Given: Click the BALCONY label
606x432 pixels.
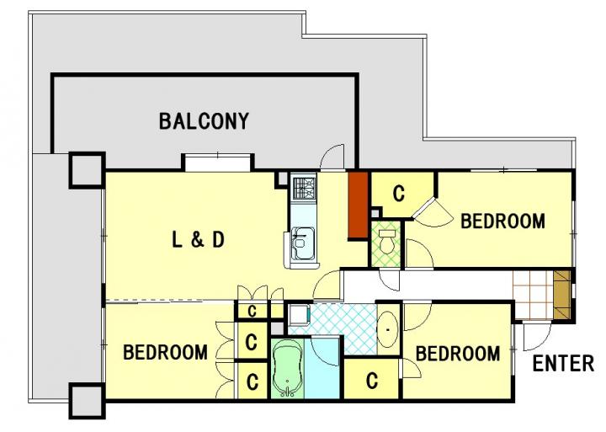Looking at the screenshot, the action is (x=204, y=121).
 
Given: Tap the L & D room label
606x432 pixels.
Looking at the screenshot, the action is (x=198, y=240).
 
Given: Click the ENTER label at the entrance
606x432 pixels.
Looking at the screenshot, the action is (x=563, y=364).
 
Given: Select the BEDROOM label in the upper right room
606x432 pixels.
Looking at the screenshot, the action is (x=502, y=221).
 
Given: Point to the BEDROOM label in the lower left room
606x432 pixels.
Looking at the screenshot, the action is (x=165, y=352).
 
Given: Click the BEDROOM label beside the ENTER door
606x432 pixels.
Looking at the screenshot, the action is (x=458, y=354).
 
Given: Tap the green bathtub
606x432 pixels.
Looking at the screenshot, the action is (x=287, y=369).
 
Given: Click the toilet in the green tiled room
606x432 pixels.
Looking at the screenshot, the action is (x=387, y=241).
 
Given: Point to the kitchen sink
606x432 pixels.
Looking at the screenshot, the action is (x=303, y=244).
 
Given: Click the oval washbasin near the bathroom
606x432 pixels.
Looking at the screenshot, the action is (x=388, y=330).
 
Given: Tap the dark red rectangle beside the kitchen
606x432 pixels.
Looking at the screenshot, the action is (x=358, y=205).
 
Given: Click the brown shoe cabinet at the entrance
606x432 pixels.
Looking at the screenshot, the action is (x=562, y=295).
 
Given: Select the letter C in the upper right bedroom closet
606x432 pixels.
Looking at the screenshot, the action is (x=399, y=193).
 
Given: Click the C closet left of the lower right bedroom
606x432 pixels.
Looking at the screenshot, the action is (x=371, y=381).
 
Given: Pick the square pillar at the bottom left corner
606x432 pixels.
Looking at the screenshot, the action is (x=87, y=401).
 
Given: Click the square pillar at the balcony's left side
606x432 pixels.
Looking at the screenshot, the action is (x=87, y=170).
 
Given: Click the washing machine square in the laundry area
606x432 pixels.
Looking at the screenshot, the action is (x=299, y=314).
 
